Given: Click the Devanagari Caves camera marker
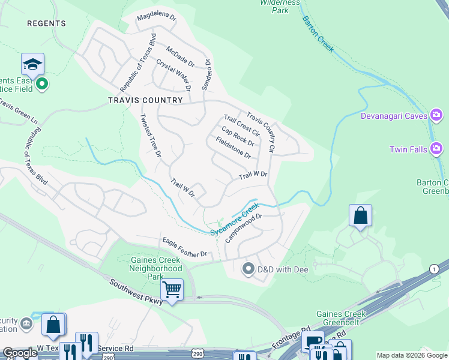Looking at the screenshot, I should click(x=436, y=115).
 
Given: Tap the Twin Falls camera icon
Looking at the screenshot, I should click(x=436, y=148).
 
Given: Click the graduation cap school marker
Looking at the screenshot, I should click(x=32, y=64).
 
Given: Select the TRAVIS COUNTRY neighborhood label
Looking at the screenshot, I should click(x=145, y=100).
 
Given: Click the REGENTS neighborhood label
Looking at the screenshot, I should click(x=46, y=23).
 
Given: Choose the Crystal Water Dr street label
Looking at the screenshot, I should click(x=173, y=74).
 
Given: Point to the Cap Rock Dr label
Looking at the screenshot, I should click(x=238, y=136).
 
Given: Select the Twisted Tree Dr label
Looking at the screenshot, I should click(x=151, y=136).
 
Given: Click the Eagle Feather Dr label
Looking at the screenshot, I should click(x=184, y=248).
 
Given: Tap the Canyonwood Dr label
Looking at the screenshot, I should click(x=244, y=229).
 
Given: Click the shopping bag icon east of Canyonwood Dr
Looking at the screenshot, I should click(x=360, y=216).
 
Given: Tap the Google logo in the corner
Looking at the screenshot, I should click(x=20, y=353).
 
